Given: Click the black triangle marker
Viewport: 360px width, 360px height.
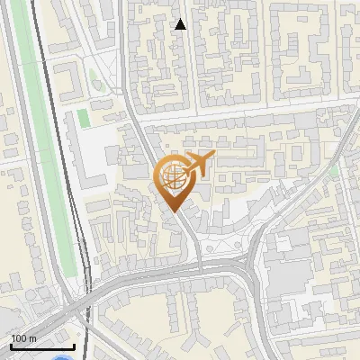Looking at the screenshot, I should coord(180,24).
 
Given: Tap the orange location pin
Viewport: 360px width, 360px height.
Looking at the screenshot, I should coord(175,180).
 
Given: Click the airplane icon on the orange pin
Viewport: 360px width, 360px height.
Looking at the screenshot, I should coord(199,165).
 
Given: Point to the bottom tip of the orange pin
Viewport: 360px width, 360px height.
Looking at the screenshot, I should coord(174,211).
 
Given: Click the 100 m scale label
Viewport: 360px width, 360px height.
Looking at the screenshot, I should coord(22,338).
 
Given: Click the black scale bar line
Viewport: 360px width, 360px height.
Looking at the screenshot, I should coord(42,346).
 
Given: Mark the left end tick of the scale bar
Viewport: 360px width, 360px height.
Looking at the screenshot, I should coord(11,345).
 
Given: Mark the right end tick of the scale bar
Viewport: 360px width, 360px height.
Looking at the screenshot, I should coord(74,345).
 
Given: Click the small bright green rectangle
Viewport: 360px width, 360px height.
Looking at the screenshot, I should coord(83,118).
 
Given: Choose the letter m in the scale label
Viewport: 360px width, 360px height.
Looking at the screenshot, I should coord(32,338).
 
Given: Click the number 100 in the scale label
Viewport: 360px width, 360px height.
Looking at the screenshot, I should coord(19,338).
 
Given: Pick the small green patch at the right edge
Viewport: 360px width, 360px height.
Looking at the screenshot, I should coord(334,170).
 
